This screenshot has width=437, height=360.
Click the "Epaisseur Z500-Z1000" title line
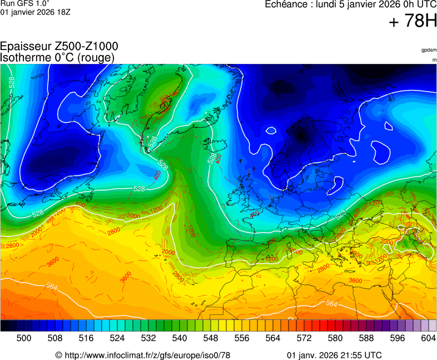click(x=59, y=47)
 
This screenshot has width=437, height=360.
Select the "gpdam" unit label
click(x=428, y=50)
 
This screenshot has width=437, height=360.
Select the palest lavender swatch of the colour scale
click(x=432, y=326)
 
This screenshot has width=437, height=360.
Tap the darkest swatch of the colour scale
click(x=4, y=326)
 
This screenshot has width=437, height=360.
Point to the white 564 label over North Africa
click(x=331, y=304)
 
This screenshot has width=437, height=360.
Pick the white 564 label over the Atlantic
click(x=52, y=287)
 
